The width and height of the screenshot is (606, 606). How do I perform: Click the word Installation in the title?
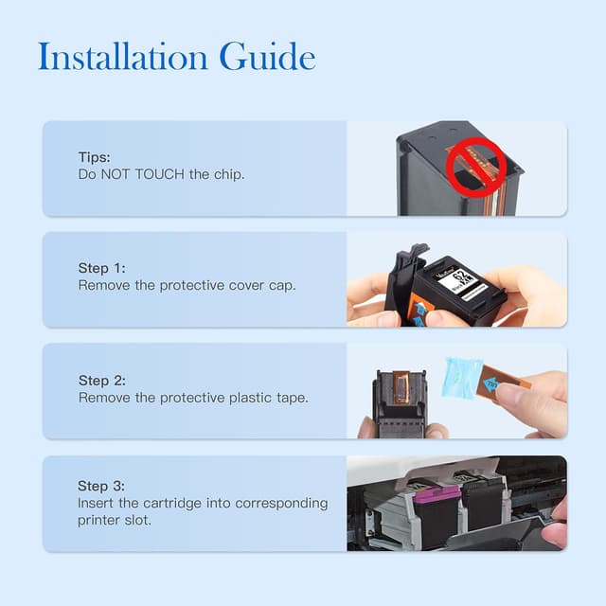(123, 57)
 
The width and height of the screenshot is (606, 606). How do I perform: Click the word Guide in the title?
(267, 57)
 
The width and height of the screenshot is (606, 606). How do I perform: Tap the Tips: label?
(94, 157)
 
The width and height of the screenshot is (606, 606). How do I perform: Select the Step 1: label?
(101, 268)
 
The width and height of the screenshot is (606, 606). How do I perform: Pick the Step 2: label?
(101, 381)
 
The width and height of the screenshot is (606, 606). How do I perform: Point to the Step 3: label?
(101, 486)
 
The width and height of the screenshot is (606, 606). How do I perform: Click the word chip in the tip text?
(229, 175)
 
